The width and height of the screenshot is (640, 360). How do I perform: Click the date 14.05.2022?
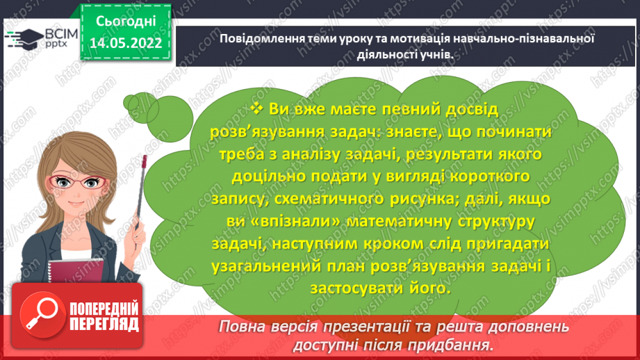click(x=126, y=42)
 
